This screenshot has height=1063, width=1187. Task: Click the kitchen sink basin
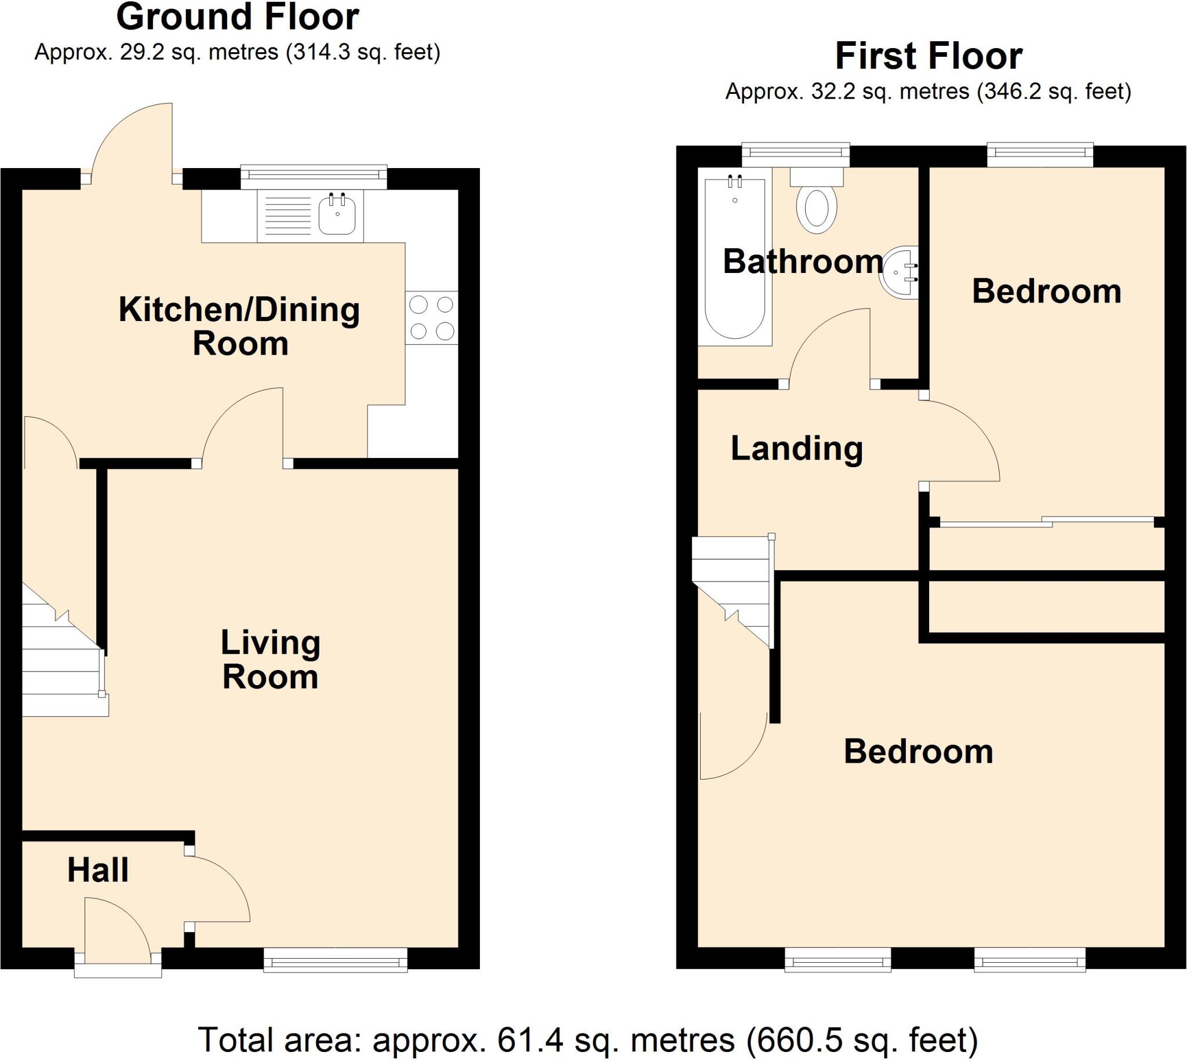tap(337, 215)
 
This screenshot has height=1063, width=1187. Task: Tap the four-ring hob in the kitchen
tap(432, 318)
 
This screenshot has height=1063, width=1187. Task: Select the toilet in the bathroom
tap(817, 201)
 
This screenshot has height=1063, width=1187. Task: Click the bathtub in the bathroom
tap(734, 257)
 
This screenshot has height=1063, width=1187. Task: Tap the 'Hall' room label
tap(98, 871)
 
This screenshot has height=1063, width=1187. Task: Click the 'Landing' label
tap(797, 449)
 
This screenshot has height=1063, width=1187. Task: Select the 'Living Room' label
tap(271, 660)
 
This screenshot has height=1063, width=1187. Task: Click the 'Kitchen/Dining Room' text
tap(239, 326)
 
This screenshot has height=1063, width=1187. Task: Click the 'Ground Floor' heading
tap(238, 17)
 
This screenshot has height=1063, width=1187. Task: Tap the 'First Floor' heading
tap(929, 56)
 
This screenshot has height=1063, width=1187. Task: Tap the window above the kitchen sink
tap(314, 177)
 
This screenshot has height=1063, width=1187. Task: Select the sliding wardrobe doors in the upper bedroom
tap(1046, 522)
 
